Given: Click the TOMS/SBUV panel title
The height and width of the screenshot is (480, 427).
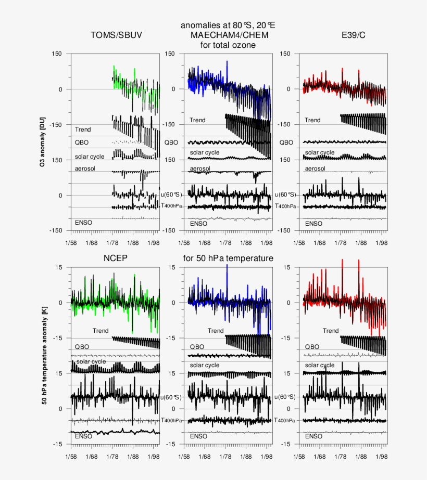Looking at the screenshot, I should tap(116, 35).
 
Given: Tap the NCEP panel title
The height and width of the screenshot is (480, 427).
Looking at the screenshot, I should tap(115, 258).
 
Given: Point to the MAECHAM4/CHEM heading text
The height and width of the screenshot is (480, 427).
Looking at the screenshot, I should tap(229, 35).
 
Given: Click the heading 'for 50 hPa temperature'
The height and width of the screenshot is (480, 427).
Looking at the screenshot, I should tap(228, 258).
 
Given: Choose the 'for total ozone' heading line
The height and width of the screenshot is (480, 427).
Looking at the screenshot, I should tap(228, 45).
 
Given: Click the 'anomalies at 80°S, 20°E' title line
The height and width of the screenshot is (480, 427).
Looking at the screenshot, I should tap(228, 25).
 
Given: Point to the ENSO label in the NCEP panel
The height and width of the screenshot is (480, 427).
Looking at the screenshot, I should tap(83, 436).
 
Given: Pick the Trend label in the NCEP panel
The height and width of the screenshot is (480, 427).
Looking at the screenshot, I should tap(101, 331).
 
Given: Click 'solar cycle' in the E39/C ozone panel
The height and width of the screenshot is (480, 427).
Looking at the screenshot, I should tap(320, 153).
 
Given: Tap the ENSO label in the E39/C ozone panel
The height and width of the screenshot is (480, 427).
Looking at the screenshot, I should tap(313, 224).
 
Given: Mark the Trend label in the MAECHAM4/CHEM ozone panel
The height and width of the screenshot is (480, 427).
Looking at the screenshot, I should tap(197, 120).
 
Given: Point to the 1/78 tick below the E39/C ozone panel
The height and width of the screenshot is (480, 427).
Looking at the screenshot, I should tap(340, 242).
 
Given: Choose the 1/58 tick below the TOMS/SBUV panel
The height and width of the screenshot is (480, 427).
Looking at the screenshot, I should tap(70, 242).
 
